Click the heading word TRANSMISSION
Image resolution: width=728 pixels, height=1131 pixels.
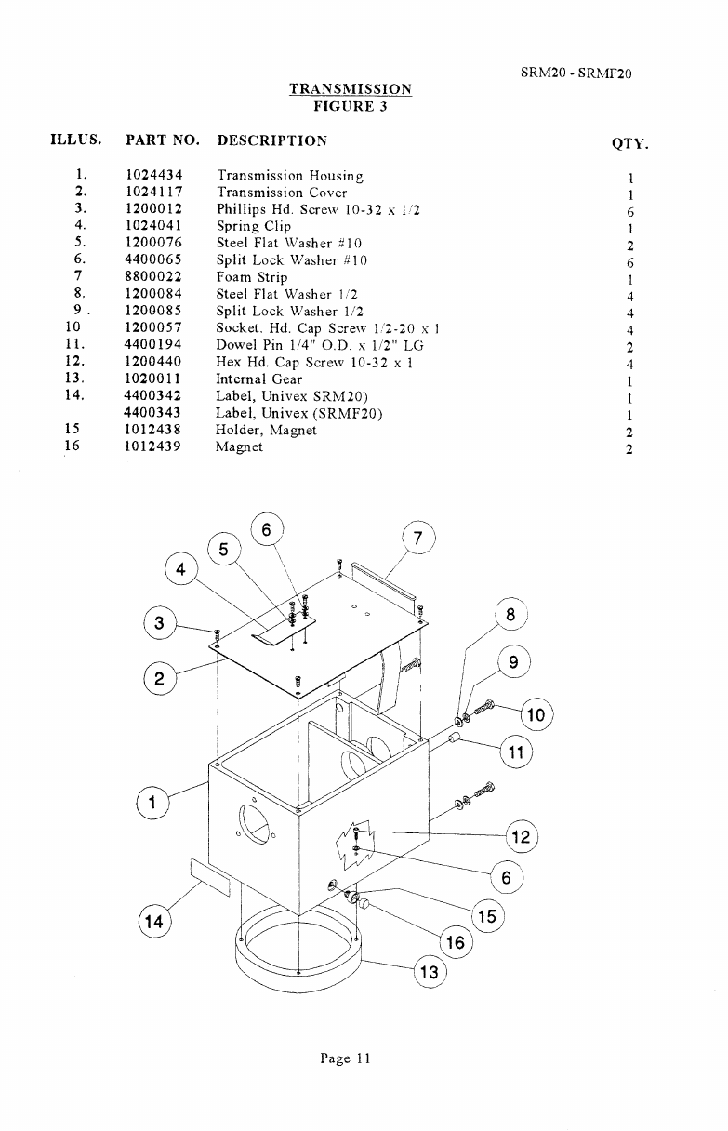351,89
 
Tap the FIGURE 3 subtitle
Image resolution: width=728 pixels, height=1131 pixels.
351,106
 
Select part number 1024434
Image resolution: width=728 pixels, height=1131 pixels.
153,175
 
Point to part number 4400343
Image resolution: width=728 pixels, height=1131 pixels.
153,413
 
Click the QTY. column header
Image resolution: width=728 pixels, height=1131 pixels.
629,144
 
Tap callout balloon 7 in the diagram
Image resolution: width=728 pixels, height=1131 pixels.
417,538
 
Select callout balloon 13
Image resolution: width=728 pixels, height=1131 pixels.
430,973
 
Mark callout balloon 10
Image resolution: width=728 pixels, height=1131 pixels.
536,715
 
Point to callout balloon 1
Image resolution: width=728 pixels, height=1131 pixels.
152,801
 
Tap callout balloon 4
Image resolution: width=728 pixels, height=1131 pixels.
180,569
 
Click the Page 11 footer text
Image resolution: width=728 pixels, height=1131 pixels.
345,1058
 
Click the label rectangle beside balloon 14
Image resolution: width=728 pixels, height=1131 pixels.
210,877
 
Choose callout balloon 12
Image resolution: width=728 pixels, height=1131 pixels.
521,837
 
